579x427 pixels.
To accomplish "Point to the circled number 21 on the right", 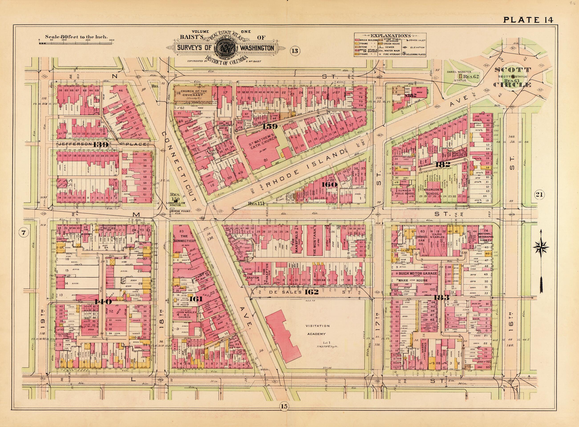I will [x=539, y=202].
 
